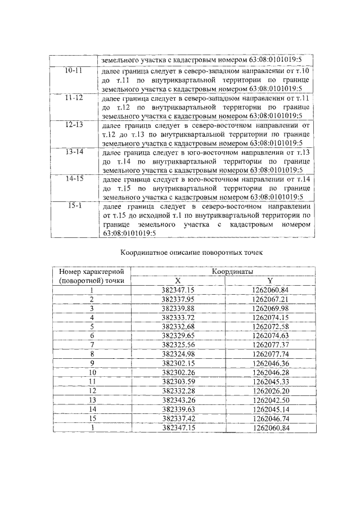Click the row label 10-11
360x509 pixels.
click(73, 71)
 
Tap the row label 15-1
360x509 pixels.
click(73, 206)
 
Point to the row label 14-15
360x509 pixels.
click(73, 179)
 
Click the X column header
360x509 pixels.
click(177, 281)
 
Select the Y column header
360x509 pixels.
click(270, 281)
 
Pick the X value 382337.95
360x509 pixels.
click(177, 299)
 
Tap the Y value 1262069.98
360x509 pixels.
click(270, 308)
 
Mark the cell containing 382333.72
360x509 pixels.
click(177, 317)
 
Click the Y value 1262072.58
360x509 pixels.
click(270, 326)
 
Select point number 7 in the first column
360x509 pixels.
click(92, 344)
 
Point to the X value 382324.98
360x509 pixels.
click(177, 353)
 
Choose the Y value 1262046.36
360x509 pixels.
click(270, 363)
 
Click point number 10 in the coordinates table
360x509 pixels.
click(92, 372)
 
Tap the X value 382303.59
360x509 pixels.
click(177, 381)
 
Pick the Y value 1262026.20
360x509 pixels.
click(270, 390)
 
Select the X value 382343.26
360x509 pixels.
click(177, 399)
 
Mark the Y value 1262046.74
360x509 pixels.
click(270, 418)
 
